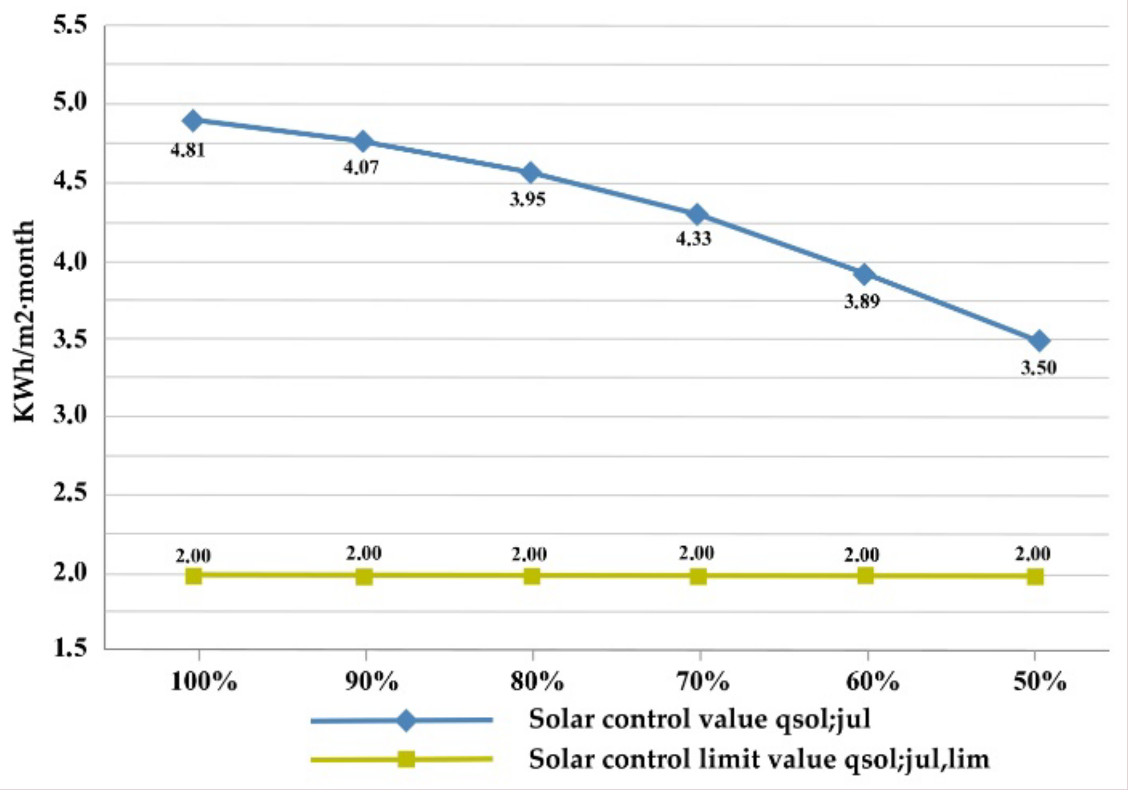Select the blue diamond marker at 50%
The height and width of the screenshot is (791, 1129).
[1040, 341]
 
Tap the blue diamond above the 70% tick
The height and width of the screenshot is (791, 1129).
[697, 215]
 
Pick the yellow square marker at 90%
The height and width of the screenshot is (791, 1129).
[364, 576]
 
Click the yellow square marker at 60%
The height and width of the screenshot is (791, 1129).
[865, 576]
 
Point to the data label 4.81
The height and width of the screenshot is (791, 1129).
[188, 151]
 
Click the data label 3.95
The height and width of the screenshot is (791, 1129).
[528, 200]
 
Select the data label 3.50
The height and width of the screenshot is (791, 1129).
[1038, 368]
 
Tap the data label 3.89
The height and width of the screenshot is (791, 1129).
[862, 302]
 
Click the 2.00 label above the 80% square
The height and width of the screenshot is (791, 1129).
[529, 554]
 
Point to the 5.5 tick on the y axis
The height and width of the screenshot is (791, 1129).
[70, 25]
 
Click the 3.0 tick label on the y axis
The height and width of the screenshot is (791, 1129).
[70, 416]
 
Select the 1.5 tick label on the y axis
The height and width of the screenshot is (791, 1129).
[70, 648]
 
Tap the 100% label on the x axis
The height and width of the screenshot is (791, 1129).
[204, 682]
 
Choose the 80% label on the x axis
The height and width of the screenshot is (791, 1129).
[537, 682]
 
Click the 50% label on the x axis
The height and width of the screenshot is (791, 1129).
[1040, 682]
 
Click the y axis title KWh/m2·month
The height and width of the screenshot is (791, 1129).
[25, 321]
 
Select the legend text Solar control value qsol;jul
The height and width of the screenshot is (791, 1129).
[699, 719]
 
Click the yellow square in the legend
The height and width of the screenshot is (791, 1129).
[407, 759]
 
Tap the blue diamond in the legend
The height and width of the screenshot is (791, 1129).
[406, 720]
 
